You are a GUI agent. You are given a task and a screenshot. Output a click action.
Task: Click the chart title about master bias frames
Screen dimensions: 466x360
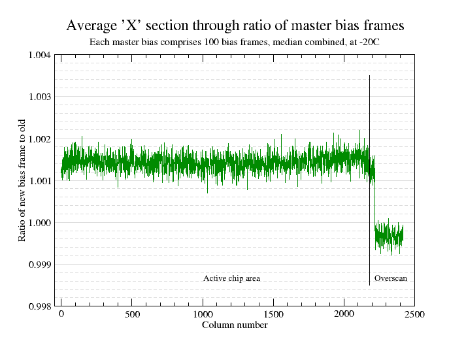tap(235, 25)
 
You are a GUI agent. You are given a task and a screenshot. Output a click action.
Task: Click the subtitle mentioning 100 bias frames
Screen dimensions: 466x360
tap(235, 42)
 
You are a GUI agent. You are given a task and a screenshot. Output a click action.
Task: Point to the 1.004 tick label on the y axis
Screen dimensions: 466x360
tap(40, 55)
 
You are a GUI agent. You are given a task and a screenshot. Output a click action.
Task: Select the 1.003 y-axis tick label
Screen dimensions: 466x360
tap(40, 97)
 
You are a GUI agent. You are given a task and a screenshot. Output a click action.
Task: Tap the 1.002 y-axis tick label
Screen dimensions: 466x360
tap(40, 139)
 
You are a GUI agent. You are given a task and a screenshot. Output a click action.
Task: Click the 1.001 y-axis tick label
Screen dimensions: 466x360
tap(40, 180)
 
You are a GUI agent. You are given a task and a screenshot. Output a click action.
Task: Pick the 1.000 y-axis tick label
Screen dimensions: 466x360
tap(40, 223)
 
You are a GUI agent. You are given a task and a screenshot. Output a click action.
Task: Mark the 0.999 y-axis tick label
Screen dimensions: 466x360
tap(40, 265)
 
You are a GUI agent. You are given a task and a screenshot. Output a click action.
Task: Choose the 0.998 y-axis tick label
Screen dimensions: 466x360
tap(40, 306)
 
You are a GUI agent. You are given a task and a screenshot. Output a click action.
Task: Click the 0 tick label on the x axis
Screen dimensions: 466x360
tap(61, 314)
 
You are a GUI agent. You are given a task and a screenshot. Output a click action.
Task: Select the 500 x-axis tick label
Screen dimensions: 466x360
tap(132, 314)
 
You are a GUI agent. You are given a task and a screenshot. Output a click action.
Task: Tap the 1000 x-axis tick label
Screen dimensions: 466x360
tap(203, 314)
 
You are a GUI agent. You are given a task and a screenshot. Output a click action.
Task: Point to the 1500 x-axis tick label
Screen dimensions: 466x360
tap(274, 314)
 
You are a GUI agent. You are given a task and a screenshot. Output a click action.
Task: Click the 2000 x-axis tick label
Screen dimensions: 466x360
tap(344, 314)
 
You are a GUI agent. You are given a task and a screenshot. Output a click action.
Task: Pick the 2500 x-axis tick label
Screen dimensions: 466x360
tap(414, 314)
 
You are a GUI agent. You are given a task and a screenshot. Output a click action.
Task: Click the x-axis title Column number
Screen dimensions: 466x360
tap(235, 325)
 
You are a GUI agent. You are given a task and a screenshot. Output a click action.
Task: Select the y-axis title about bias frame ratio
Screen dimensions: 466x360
tap(22, 180)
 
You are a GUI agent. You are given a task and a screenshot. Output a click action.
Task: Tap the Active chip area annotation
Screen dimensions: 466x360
tap(231, 278)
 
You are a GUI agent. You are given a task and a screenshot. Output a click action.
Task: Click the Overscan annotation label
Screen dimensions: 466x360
tap(391, 278)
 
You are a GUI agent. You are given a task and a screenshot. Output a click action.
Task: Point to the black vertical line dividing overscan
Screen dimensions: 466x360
tap(369, 180)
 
